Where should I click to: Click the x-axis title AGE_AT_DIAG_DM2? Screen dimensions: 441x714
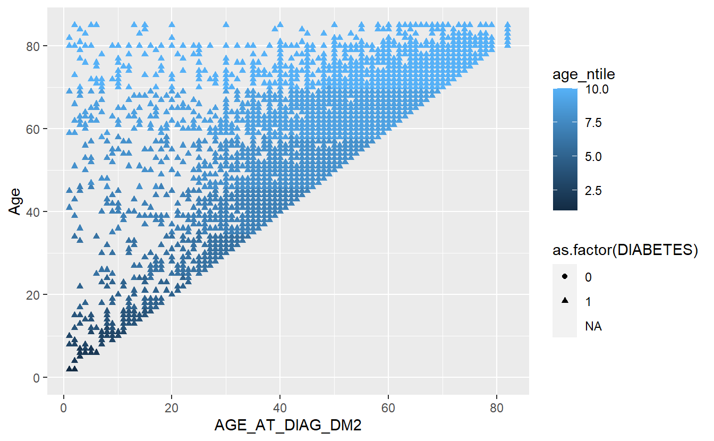[x=288, y=426]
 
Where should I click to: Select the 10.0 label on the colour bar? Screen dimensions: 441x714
[x=597, y=90]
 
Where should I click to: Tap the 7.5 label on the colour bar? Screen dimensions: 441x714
[x=593, y=123]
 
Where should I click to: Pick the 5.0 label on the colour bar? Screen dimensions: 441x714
[x=593, y=157]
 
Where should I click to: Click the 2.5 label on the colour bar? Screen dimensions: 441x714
[x=593, y=190]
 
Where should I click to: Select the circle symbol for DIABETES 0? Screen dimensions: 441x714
[x=565, y=277]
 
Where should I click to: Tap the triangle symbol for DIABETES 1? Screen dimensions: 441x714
[x=565, y=301]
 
